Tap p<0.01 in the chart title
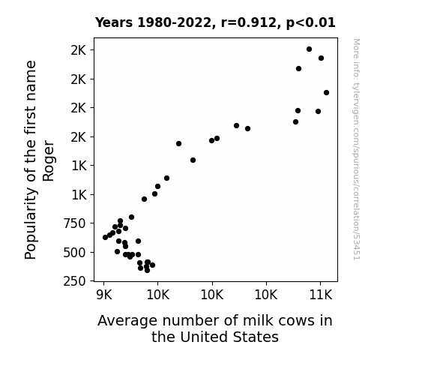pyautogui.click(x=311, y=23)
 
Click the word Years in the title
pyautogui.click(x=114, y=22)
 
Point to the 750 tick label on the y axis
pyautogui.click(x=74, y=223)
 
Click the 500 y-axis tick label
pyautogui.click(x=74, y=253)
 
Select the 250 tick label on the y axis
pyautogui.click(x=74, y=281)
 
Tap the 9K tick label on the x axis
pyautogui.click(x=104, y=295)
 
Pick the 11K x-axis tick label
pyautogui.click(x=321, y=295)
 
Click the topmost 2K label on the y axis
pyautogui.click(x=79, y=50)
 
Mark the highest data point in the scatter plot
pyautogui.click(x=309, y=49)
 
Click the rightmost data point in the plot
pyautogui.click(x=326, y=93)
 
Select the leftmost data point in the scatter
pyautogui.click(x=105, y=237)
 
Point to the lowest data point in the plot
pyautogui.click(x=148, y=270)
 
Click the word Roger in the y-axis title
pyautogui.click(x=49, y=161)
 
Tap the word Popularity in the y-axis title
pyautogui.click(x=30, y=223)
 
